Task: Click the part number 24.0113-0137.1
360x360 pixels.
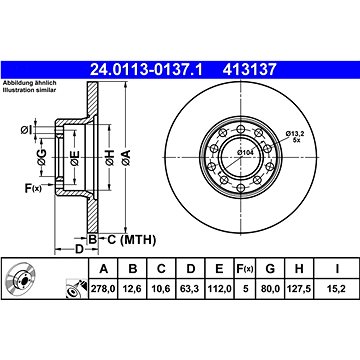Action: coord(147,70)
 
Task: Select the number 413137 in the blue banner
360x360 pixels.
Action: coord(250,70)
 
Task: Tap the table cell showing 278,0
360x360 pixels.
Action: coord(104,289)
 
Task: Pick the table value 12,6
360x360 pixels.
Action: coord(133,289)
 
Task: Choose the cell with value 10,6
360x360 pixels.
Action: coord(161,289)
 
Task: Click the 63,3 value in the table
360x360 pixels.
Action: coord(190,289)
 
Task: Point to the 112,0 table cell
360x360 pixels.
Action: coord(219,289)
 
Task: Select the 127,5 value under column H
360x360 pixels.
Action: coord(299,289)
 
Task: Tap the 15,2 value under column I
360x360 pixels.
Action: coord(337,289)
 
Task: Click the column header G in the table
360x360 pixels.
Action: coord(270,269)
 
